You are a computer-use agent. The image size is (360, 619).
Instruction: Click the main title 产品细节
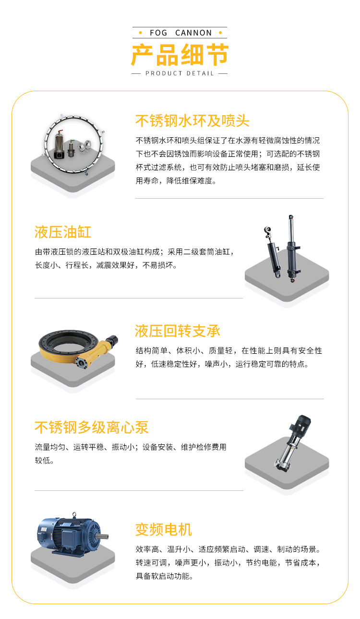pos(180,55)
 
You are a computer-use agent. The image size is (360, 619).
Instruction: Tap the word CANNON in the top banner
pos(193,33)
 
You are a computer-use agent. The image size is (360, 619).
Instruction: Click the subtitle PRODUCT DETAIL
pos(180,73)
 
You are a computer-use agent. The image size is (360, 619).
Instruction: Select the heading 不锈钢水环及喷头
pos(192,121)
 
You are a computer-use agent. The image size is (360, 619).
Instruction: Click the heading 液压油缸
pos(63,232)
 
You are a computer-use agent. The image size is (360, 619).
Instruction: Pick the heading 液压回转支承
pos(178,331)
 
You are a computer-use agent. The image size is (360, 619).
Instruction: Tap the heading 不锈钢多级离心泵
pos(92,427)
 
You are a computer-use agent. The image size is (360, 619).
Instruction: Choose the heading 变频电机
pos(163,529)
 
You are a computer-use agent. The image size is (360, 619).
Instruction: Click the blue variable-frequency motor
pos(72,534)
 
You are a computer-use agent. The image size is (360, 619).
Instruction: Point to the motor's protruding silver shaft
pos(102,536)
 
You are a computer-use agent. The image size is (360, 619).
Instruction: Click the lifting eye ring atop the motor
pos(74,514)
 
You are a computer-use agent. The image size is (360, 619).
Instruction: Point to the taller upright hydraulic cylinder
pos(292,248)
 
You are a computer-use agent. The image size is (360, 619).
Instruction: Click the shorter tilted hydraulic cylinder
pos(273,251)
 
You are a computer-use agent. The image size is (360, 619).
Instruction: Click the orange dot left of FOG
pos(141,33)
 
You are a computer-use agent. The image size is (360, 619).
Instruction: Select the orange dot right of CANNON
pos(220,33)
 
